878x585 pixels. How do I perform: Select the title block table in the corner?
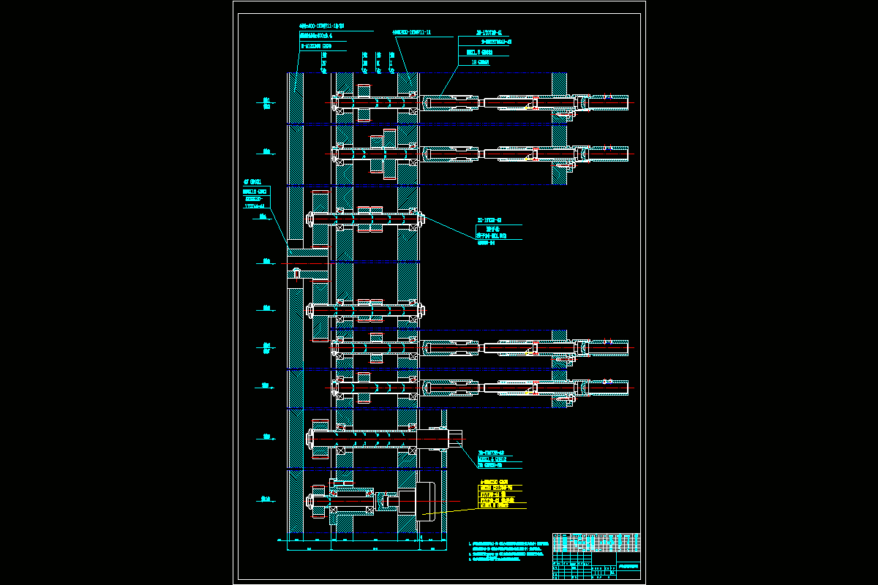click(x=596, y=556)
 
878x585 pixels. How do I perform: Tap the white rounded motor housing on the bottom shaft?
click(x=426, y=501)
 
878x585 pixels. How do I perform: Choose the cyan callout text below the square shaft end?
click(x=500, y=459)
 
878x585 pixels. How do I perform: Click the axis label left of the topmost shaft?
click(x=266, y=103)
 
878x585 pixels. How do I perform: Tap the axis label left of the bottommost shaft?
click(x=266, y=500)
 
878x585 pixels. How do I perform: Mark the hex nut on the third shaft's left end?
click(x=310, y=217)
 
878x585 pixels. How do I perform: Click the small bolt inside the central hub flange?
click(x=296, y=273)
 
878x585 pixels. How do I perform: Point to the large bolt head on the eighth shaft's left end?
click(x=311, y=439)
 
